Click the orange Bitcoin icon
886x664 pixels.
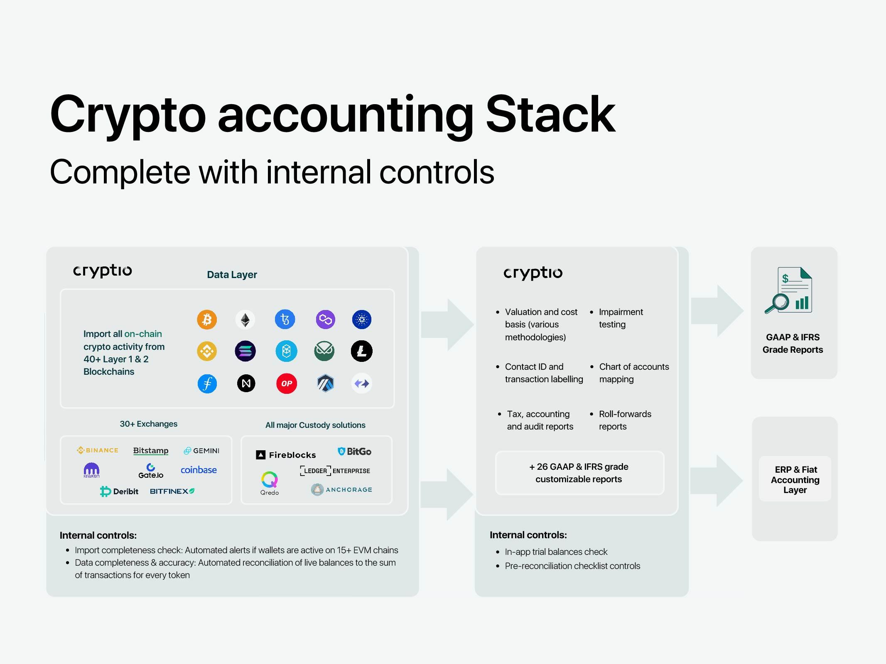click(207, 320)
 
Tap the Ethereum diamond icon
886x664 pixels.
click(245, 320)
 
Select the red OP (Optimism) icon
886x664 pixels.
click(287, 383)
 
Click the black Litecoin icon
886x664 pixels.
click(362, 351)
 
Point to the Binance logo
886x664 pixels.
click(98, 450)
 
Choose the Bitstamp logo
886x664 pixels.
click(151, 451)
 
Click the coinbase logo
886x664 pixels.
click(199, 470)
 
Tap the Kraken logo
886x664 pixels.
click(91, 470)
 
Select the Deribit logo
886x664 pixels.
click(119, 491)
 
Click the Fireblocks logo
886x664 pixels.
click(286, 455)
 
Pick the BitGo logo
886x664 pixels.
click(354, 452)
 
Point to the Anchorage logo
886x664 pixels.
click(341, 490)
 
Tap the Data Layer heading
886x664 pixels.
click(232, 275)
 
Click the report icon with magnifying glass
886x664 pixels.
click(788, 290)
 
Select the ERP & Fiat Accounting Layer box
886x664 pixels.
click(795, 479)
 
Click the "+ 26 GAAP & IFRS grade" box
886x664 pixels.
click(579, 473)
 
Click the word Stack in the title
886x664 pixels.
click(550, 114)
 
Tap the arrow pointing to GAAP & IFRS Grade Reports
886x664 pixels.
click(717, 311)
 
